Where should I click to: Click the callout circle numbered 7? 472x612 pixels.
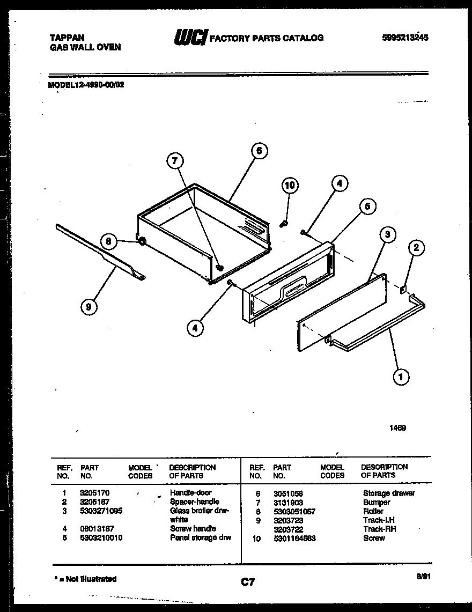click(175, 160)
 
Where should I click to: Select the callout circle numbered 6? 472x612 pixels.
click(259, 151)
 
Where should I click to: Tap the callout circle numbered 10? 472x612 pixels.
click(289, 186)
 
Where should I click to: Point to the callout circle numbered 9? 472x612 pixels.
click(87, 307)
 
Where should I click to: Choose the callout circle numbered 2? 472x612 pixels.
click(416, 247)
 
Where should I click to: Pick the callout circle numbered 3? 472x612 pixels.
click(387, 234)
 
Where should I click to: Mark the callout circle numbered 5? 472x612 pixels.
click(367, 207)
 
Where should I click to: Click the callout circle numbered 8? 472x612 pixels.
click(108, 242)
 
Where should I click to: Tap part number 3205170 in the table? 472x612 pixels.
click(93, 492)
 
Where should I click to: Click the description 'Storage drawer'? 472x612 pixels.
click(389, 493)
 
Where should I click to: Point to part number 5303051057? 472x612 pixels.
click(294, 511)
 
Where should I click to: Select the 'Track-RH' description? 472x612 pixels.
click(379, 529)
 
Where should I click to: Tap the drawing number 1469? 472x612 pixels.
click(397, 428)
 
